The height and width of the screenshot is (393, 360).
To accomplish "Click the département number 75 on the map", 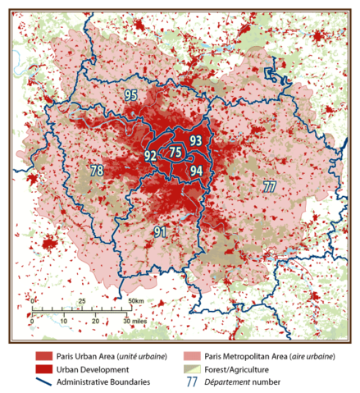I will [175, 153].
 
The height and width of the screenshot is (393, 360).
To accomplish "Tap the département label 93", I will [195, 141].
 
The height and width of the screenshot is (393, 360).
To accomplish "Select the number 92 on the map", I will [151, 155].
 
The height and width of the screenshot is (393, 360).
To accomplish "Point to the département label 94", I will [195, 171].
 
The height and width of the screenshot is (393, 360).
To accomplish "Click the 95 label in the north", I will [131, 96].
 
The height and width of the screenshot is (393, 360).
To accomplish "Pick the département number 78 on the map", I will [97, 171].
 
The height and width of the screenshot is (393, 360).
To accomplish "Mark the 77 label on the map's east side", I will [268, 185].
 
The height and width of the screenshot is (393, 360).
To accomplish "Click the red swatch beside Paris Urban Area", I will [43, 356].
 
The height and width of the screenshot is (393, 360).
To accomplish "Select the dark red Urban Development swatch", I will [43, 369].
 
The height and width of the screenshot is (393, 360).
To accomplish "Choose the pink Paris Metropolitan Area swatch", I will [193, 356].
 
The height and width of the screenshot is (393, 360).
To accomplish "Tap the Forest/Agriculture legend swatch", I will [193, 369].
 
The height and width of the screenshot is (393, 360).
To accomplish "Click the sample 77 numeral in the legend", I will [193, 382].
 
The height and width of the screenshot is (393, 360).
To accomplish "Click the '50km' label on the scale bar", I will [134, 302].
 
